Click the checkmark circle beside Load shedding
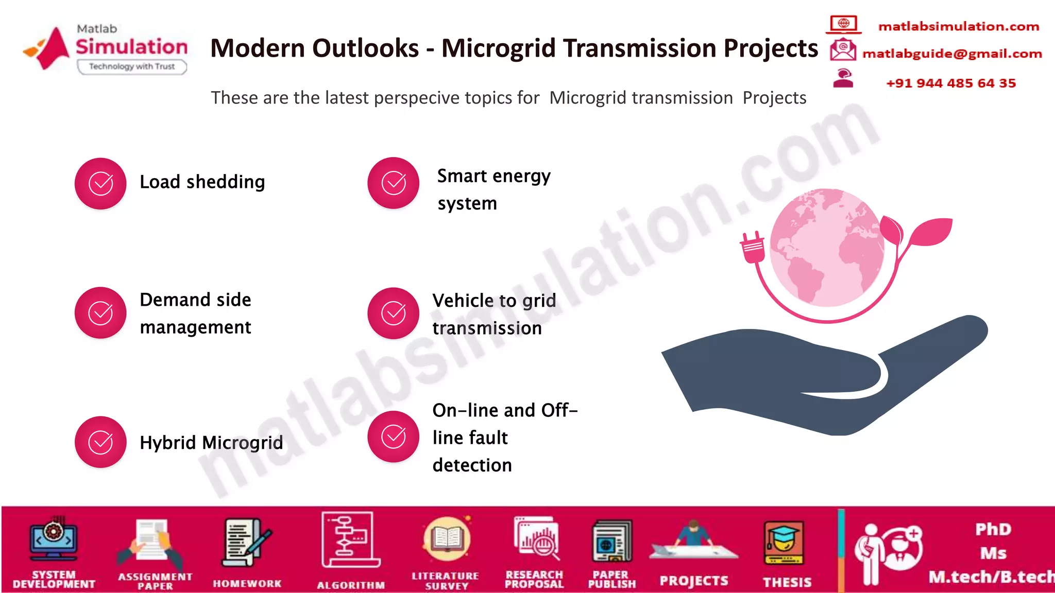click(100, 183)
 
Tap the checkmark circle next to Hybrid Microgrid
click(100, 442)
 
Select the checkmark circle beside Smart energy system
click(393, 183)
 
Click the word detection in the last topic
click(472, 465)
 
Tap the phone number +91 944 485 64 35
click(950, 83)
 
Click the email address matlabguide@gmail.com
click(952, 54)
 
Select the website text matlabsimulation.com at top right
click(958, 26)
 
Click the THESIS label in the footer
click(787, 582)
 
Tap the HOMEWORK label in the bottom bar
click(247, 583)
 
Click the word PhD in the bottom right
click(993, 529)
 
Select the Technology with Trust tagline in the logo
click(132, 66)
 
